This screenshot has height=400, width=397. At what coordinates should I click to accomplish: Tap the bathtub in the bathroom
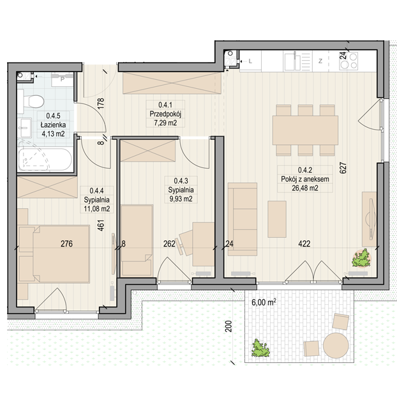tap(45, 159)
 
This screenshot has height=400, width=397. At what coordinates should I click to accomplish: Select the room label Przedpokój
tap(165, 114)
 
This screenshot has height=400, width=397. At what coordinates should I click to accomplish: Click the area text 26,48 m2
tap(304, 188)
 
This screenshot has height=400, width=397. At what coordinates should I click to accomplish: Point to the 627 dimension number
tap(343, 168)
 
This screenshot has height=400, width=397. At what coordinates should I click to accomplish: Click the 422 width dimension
tap(304, 243)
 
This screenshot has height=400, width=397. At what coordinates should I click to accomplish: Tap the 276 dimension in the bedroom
tap(66, 243)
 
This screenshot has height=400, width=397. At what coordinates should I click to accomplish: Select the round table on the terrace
tap(336, 345)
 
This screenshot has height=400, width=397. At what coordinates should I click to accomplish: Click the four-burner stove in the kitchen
tap(348, 61)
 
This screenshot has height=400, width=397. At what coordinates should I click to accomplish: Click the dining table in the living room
tap(305, 130)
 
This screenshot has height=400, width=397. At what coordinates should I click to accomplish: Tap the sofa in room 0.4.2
tap(243, 219)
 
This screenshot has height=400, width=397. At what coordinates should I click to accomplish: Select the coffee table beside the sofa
tap(277, 219)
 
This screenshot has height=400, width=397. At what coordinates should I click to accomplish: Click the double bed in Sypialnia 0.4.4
tap(54, 254)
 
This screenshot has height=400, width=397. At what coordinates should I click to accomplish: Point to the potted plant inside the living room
tap(361, 258)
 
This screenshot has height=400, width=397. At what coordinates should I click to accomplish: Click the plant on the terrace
tap(260, 348)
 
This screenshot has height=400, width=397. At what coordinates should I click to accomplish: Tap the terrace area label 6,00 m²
tap(264, 302)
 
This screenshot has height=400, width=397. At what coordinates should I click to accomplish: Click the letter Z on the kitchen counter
tap(320, 61)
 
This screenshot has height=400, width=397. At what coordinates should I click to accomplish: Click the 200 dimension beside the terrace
tap(229, 327)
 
